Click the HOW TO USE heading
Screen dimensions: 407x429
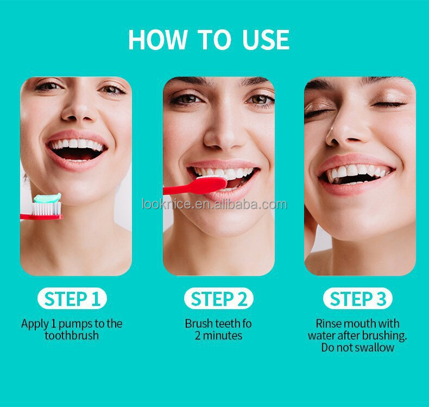click(209, 40)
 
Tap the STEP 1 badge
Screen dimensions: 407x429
click(72, 299)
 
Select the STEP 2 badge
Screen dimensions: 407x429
click(218, 299)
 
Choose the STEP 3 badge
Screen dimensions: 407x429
click(358, 299)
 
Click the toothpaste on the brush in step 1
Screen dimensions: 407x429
click(48, 198)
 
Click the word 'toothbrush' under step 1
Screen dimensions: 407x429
click(72, 335)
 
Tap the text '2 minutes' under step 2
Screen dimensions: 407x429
click(218, 335)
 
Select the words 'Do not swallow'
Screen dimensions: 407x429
click(357, 348)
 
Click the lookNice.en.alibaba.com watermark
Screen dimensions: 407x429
click(214, 204)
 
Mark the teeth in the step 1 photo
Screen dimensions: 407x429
click(76, 145)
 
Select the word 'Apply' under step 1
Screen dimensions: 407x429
click(35, 324)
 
